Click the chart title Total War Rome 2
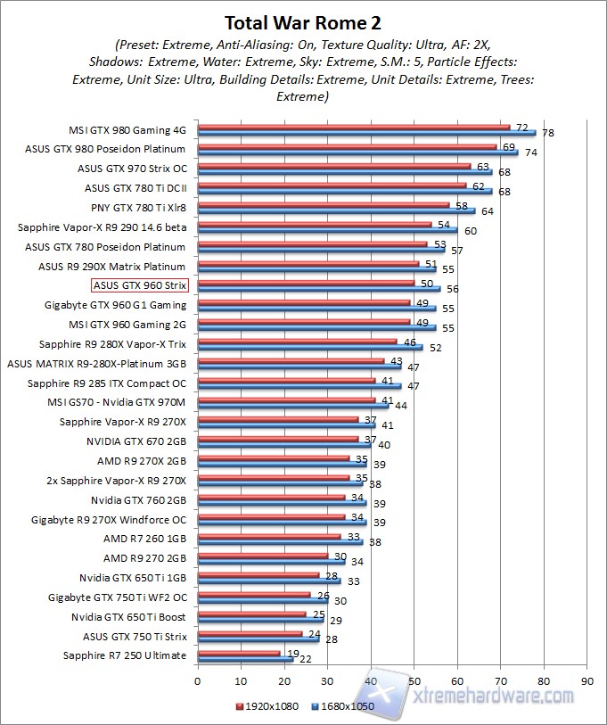303,21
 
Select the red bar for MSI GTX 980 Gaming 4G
353,127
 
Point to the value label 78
548,133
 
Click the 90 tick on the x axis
586,680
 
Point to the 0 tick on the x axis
198,680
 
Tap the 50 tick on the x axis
414,680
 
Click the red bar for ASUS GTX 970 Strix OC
333,166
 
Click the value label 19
293,653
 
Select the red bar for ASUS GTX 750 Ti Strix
250,633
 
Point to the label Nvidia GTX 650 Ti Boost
129,617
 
